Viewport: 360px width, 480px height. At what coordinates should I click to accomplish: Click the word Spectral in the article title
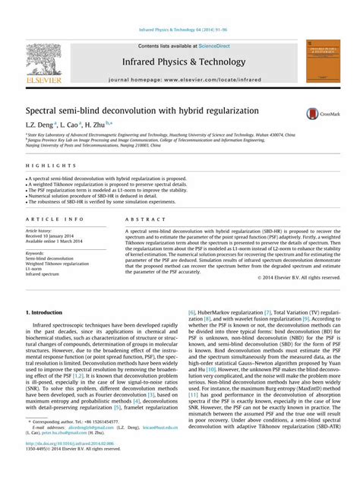tap(46, 111)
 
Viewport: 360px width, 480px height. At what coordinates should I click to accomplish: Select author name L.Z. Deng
tap(40, 123)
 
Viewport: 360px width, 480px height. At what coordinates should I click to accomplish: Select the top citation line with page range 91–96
tap(179, 30)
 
